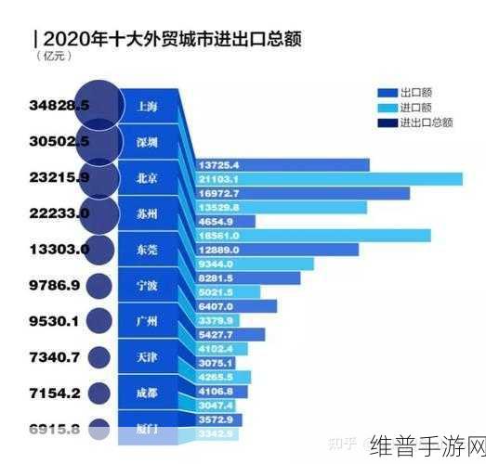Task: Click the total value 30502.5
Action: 58,141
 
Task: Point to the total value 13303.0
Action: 58,249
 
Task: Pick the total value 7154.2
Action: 58,393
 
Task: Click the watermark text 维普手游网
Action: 426,444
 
